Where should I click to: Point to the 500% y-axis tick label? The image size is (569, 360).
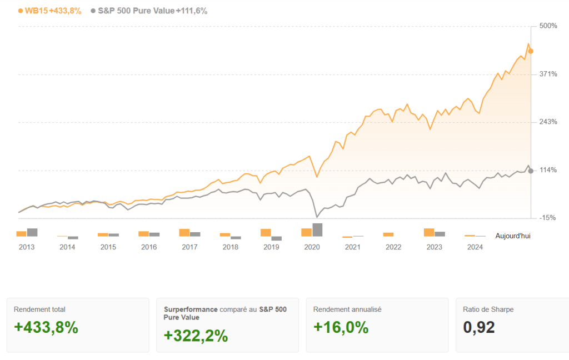pyautogui.click(x=548, y=26)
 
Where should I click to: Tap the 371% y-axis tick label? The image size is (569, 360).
pyautogui.click(x=548, y=74)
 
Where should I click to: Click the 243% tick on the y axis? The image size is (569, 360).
pyautogui.click(x=548, y=122)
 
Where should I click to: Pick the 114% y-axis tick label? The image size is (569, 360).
pyautogui.click(x=548, y=170)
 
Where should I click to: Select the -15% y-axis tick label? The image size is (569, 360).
pyautogui.click(x=547, y=218)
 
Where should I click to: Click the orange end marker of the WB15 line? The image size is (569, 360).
pyautogui.click(x=531, y=51)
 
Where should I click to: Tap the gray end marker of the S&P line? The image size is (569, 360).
pyautogui.click(x=531, y=171)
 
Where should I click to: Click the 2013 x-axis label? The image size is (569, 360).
pyautogui.click(x=27, y=247)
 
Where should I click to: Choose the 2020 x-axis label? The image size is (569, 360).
pyautogui.click(x=312, y=247)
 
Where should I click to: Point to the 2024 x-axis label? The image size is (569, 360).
pyautogui.click(x=475, y=247)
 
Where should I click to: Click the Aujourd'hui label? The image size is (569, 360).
pyautogui.click(x=512, y=236)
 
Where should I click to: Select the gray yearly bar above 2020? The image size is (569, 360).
pyautogui.click(x=317, y=230)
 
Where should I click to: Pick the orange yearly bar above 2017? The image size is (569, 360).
pyautogui.click(x=184, y=233)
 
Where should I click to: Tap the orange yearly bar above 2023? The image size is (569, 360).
pyautogui.click(x=429, y=233)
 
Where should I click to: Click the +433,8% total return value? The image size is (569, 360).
pyautogui.click(x=46, y=328)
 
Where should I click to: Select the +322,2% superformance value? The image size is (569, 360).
pyautogui.click(x=196, y=336)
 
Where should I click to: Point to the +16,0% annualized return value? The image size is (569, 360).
pyautogui.click(x=341, y=328)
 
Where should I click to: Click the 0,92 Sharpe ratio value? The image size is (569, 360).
pyautogui.click(x=479, y=328)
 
